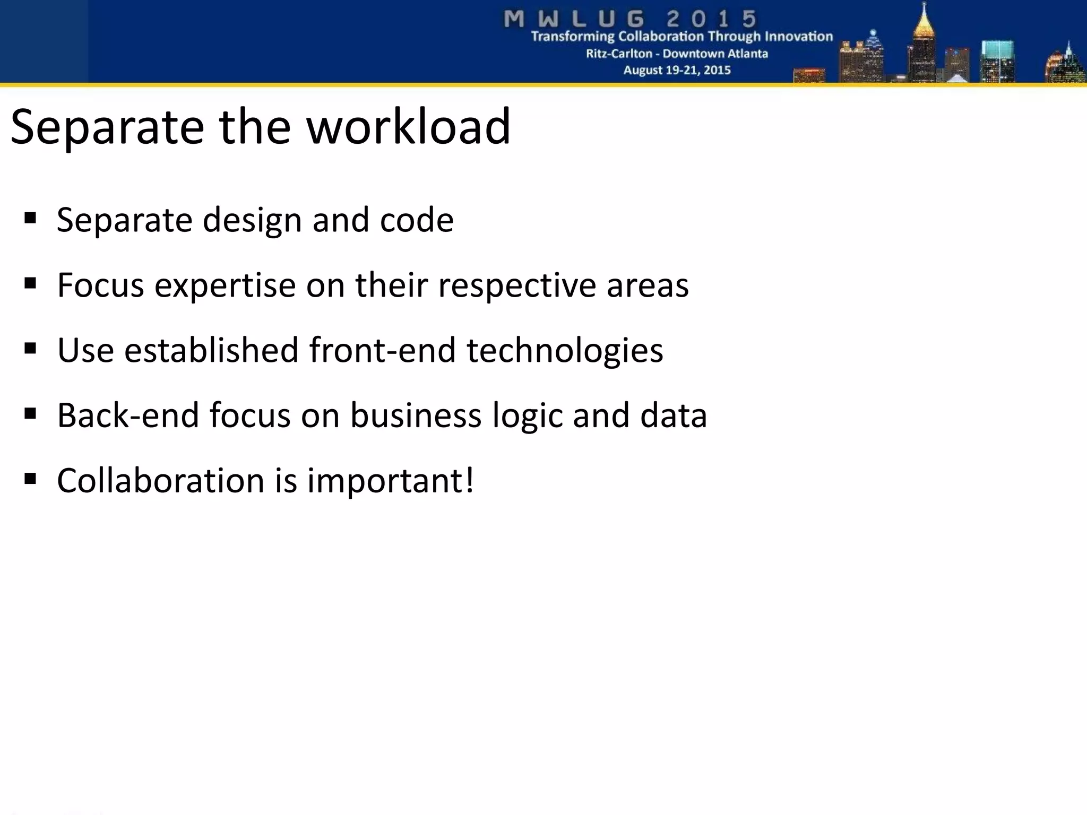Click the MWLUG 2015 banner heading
[630, 19]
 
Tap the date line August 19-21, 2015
[677, 70]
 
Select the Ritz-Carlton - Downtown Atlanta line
[677, 54]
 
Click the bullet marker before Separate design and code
[30, 218]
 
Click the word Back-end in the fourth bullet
[127, 415]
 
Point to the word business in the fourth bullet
[416, 415]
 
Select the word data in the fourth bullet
[673, 415]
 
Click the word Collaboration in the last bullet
[161, 481]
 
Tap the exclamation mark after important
[469, 480]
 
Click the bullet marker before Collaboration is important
[30, 479]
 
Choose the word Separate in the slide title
[107, 127]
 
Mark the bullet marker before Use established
[30, 349]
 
